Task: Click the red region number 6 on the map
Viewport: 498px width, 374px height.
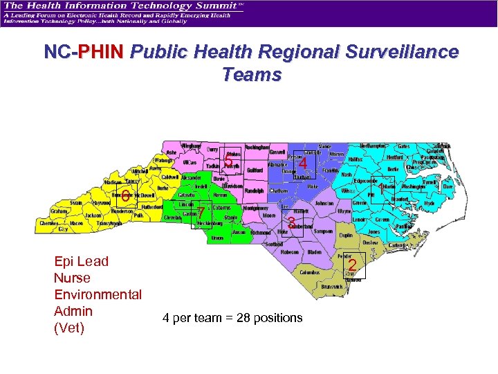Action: pos(126,193)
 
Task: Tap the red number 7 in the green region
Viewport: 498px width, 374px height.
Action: pos(200,213)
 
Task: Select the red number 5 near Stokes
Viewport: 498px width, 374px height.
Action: pos(228,163)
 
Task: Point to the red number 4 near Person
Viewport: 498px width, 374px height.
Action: pos(303,163)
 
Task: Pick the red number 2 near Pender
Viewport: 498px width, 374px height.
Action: pos(352,265)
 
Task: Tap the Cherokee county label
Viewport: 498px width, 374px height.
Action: pos(48,224)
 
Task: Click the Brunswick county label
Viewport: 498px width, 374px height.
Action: pos(332,286)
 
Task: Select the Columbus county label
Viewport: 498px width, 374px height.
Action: pos(310,273)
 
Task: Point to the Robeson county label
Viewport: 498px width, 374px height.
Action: pos(290,253)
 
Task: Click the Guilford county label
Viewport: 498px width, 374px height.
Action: pos(255,170)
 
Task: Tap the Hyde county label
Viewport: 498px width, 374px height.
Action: pos(429,203)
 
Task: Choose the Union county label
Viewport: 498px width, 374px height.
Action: pos(217,238)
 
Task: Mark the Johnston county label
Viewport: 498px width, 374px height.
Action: pos(324,204)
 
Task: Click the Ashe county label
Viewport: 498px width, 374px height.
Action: pos(172,152)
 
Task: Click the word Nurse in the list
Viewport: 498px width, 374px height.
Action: pos(72,278)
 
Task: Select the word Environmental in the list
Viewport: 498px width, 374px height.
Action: pos(98,294)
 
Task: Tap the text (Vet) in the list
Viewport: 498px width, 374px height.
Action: pos(68,328)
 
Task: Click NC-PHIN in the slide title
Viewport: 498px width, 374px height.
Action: pos(84,53)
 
